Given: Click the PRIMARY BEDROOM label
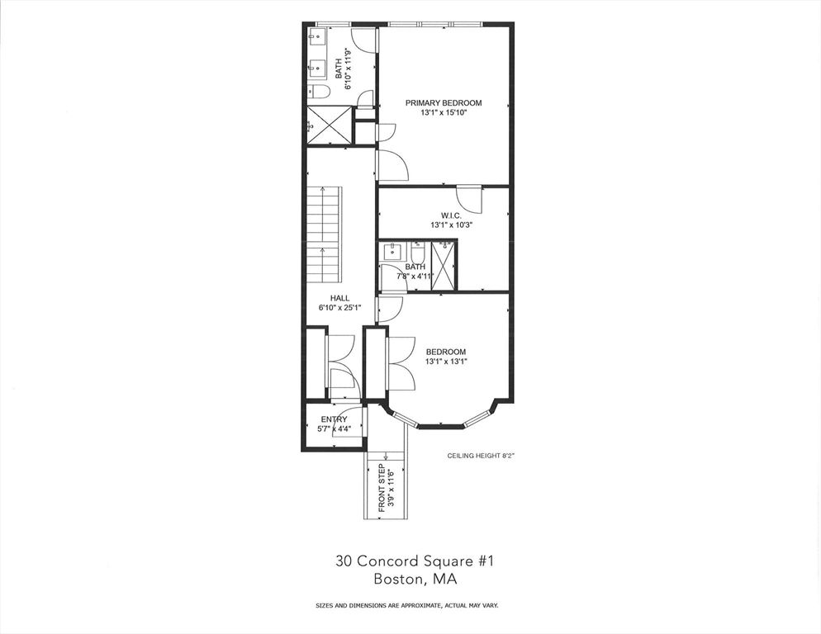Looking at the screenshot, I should tap(443, 103).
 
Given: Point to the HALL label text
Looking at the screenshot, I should tap(339, 298).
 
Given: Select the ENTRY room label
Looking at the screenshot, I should tap(334, 419).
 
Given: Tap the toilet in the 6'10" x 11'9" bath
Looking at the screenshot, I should tap(319, 91).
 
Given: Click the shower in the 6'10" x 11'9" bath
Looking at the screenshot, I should tap(329, 125).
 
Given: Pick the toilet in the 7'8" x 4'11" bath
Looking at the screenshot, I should tap(417, 250).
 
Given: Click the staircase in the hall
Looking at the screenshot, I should tap(324, 235).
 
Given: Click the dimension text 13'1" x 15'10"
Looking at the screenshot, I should tap(443, 113).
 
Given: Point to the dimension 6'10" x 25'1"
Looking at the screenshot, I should tap(339, 308).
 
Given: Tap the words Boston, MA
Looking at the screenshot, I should tap(410, 580).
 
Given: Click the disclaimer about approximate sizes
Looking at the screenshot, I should tap(406, 605).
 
